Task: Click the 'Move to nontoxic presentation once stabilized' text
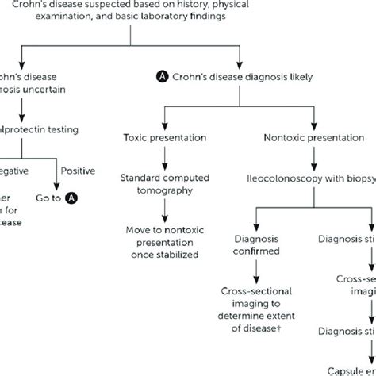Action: click(x=165, y=242)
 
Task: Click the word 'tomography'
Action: click(x=164, y=190)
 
